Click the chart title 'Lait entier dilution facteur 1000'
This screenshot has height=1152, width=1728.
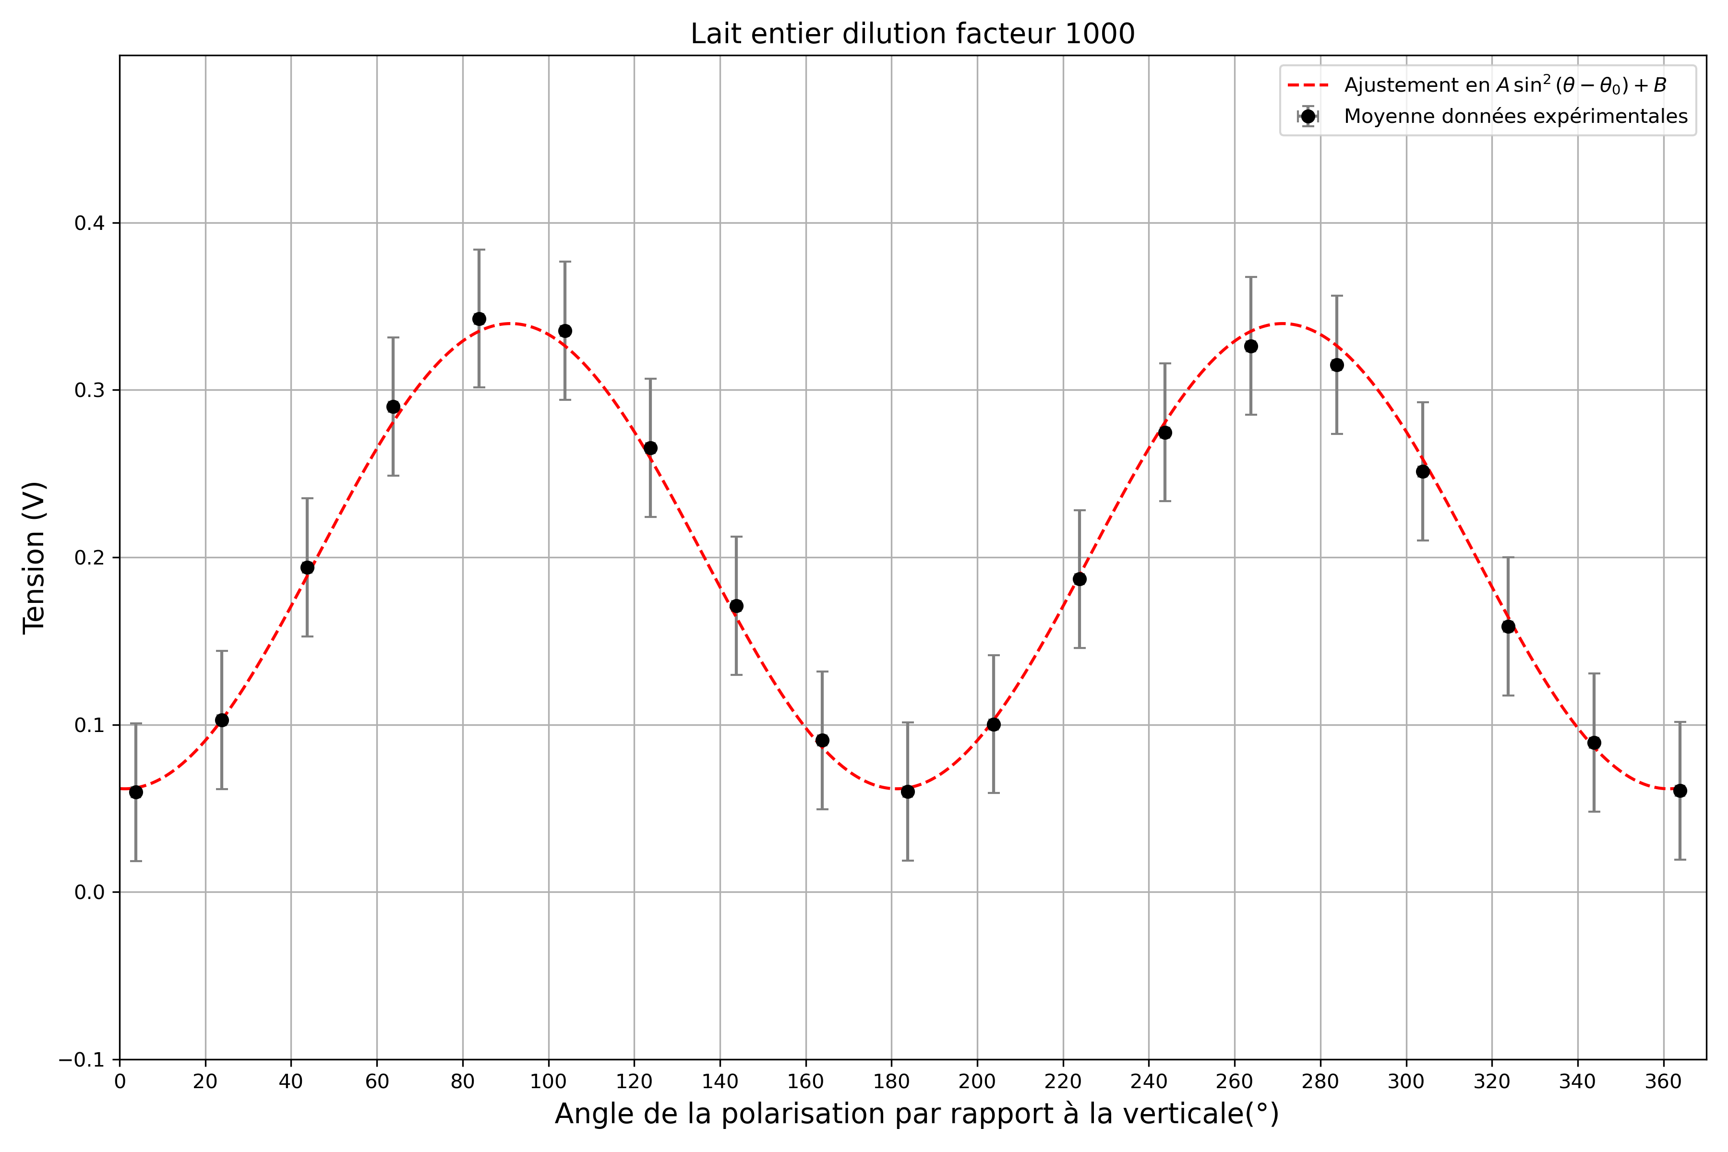(912, 34)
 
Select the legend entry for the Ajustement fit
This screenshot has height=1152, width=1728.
(1505, 85)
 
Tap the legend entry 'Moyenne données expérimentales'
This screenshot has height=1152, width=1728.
(1515, 117)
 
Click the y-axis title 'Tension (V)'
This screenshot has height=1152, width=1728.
(34, 557)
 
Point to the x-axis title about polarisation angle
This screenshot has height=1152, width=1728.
(916, 1114)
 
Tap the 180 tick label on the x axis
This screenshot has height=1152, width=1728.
(891, 1082)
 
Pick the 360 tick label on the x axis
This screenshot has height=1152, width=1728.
(1663, 1082)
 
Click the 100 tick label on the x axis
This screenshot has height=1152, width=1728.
(548, 1082)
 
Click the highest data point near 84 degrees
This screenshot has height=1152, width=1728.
(479, 319)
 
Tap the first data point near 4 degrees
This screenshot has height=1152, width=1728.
(136, 792)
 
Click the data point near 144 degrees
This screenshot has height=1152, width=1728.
(736, 606)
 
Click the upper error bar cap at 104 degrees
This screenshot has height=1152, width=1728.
(565, 262)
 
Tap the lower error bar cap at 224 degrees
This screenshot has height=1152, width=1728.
(1079, 648)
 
